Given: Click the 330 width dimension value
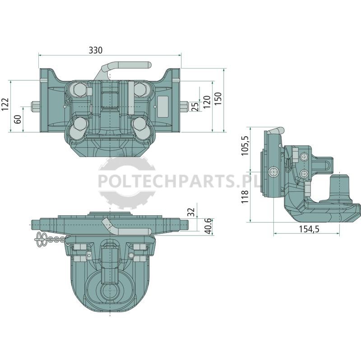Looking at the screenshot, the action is pyautogui.click(x=96, y=50).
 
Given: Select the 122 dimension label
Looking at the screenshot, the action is pyautogui.click(x=5, y=104).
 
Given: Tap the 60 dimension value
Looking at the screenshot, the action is pyautogui.click(x=18, y=119).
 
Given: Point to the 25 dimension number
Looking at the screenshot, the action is pyautogui.click(x=195, y=106).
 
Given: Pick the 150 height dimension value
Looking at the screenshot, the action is pyautogui.click(x=218, y=99).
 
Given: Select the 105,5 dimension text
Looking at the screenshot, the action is pyautogui.click(x=245, y=146).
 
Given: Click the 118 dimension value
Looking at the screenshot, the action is pyautogui.click(x=245, y=196).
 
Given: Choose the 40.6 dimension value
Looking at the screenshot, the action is pyautogui.click(x=208, y=227).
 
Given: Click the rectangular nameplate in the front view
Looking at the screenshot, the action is pyautogui.click(x=163, y=107).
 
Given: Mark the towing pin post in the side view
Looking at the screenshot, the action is pyautogui.click(x=339, y=188).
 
